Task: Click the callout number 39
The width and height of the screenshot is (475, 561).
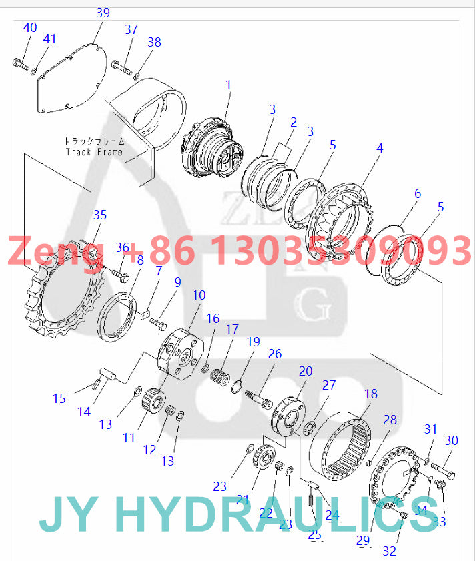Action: (103, 13)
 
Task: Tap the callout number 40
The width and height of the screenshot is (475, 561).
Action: (30, 28)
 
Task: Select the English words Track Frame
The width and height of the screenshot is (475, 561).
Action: (94, 151)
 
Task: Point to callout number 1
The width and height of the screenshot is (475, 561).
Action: (228, 85)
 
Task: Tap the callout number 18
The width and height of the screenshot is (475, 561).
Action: (370, 394)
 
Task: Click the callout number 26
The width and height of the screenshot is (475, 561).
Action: (275, 354)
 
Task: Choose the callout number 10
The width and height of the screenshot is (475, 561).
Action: (199, 295)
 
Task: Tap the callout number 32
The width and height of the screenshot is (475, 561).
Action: (390, 551)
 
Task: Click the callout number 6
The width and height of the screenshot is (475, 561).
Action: (418, 194)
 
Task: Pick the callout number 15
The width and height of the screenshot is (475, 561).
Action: (59, 398)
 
